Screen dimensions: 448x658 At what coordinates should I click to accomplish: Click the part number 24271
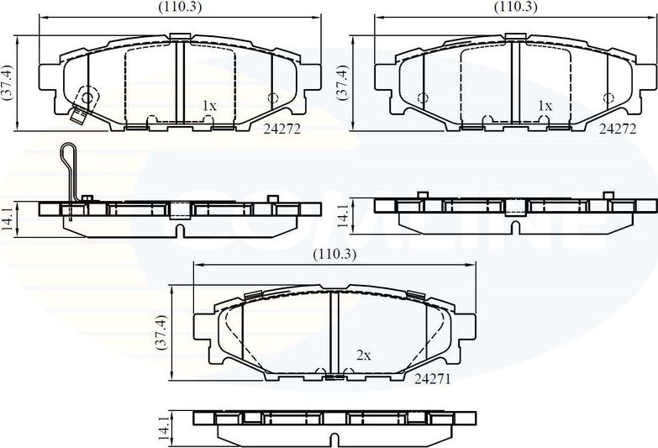click(433, 379)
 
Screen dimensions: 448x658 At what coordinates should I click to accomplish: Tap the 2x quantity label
click(363, 356)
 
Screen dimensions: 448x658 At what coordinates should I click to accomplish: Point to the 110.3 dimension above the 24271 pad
click(334, 254)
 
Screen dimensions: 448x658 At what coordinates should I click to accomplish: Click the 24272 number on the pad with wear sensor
click(282, 129)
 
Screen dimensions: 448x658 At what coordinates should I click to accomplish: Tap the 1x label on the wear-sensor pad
click(209, 106)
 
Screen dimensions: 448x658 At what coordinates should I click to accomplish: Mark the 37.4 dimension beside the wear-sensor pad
click(8, 82)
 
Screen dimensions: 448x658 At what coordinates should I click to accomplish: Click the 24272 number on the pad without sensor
click(618, 129)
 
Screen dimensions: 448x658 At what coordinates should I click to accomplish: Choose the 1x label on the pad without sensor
click(545, 106)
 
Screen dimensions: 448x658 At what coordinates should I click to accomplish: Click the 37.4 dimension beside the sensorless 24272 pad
click(343, 82)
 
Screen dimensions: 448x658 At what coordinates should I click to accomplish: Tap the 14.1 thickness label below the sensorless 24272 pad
click(343, 216)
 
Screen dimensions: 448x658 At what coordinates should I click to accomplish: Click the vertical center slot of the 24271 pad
click(332, 332)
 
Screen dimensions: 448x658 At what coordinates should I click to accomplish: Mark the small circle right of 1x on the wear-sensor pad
click(271, 98)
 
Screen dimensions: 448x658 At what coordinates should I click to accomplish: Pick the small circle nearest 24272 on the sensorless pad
click(608, 98)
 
